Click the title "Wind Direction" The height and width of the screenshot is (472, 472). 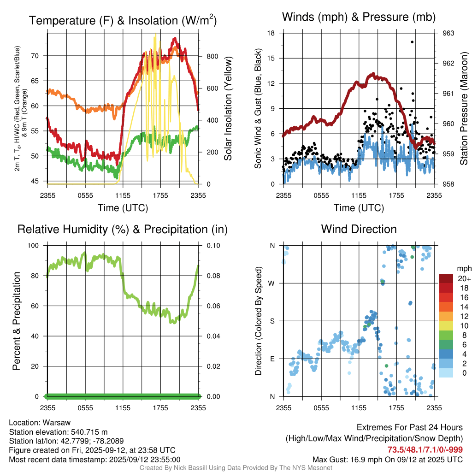(359, 229)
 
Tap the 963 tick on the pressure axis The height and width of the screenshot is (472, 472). (448, 33)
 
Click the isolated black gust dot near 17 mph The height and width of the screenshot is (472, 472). (412, 42)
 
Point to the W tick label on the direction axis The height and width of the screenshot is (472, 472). (272, 283)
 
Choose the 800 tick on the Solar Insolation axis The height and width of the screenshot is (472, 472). (206, 56)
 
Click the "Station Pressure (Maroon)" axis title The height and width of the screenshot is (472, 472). (464, 109)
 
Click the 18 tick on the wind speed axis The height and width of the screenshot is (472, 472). (272, 33)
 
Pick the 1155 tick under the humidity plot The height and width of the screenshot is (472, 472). (123, 407)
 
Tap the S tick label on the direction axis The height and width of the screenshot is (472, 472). (272, 321)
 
